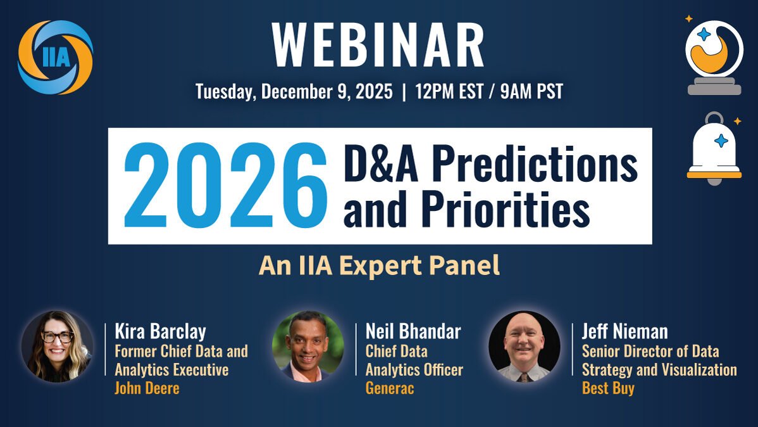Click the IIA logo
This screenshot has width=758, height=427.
(x=55, y=57)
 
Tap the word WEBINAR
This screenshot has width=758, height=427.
(x=378, y=45)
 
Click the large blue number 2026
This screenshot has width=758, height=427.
(x=225, y=185)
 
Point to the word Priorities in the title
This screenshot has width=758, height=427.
(x=505, y=208)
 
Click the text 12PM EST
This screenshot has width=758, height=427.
(x=449, y=91)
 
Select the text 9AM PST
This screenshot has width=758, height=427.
(x=531, y=91)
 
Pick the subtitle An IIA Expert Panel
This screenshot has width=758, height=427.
(x=379, y=266)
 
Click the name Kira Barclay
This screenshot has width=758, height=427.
(x=161, y=331)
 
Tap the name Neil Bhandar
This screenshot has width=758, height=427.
(x=413, y=331)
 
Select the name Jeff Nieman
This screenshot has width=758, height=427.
(x=625, y=331)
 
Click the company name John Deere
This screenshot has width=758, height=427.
(x=147, y=388)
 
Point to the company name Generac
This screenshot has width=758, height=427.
(x=390, y=388)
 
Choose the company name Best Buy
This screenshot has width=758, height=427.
(x=608, y=388)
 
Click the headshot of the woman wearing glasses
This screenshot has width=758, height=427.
(x=57, y=347)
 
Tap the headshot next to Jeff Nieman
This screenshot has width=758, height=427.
(x=525, y=347)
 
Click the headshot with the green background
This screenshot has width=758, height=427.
(x=308, y=347)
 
